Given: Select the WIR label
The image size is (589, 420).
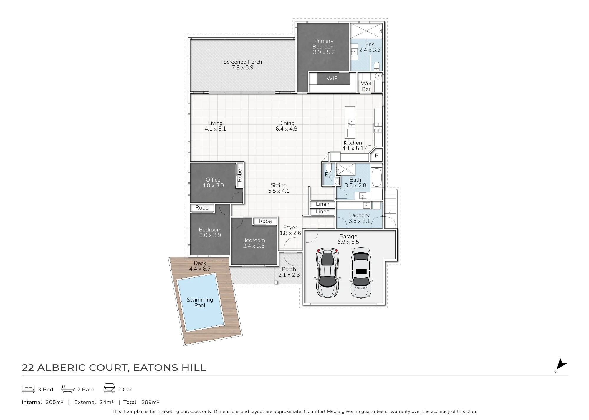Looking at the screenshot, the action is pos(332,78).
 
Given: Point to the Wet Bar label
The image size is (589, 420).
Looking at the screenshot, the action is pos(366,86).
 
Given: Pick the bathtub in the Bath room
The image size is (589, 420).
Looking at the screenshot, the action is pos(377,177).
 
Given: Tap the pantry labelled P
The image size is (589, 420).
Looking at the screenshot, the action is pos(377,155).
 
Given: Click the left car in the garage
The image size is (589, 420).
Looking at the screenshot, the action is pos(327,272).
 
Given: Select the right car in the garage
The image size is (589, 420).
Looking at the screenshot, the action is pos(361,272).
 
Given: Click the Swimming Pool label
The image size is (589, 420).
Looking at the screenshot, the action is pos(200,302).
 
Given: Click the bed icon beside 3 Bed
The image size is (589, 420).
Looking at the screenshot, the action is pos(29,389).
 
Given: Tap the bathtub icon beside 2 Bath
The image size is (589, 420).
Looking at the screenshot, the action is pos(68,389).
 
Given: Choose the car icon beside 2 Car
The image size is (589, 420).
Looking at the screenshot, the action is pos(109,388).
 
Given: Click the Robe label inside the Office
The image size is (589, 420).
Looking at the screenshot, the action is pos(240,175).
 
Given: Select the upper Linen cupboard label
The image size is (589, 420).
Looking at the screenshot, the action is pos(322,204).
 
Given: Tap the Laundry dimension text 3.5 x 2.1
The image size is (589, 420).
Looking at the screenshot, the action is pos(359,221).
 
